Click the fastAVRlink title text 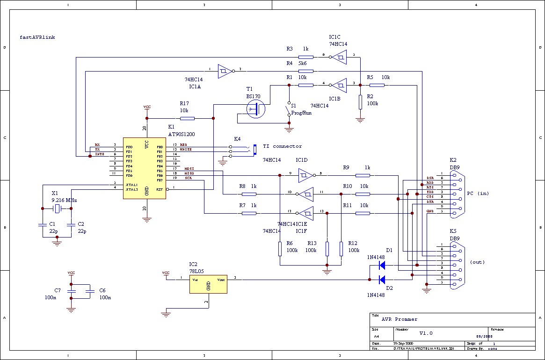37,37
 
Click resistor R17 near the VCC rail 187,118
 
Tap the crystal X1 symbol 57,209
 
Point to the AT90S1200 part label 182,134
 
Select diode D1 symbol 381,265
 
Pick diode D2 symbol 381,280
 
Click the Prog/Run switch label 301,113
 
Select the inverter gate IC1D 305,175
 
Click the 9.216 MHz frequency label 64,200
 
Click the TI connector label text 283,146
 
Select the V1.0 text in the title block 426,333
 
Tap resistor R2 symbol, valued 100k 360,102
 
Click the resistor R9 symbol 363,175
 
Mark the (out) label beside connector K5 478,262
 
